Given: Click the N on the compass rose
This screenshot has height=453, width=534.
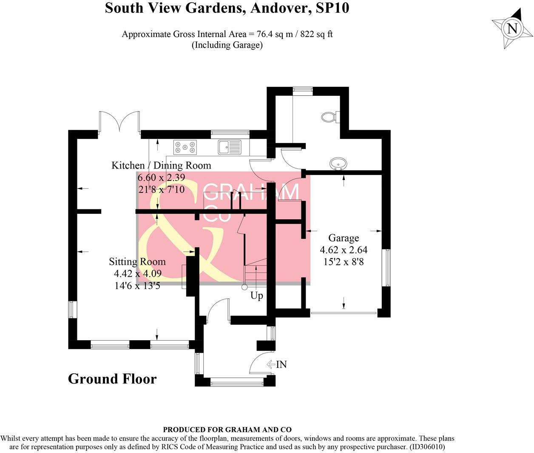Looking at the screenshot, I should click(x=512, y=29).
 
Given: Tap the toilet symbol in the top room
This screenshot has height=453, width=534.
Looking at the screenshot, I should click(x=330, y=116).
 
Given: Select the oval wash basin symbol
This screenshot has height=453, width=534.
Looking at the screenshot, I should click(x=338, y=163).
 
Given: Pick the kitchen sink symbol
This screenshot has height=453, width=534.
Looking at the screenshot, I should click(x=230, y=147).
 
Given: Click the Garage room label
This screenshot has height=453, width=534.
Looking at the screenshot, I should click(x=343, y=238).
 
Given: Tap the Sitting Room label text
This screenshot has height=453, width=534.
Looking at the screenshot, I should click(x=137, y=261).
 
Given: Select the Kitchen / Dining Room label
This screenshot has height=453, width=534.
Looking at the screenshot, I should click(x=161, y=165).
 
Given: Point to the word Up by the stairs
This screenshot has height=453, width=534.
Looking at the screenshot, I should click(x=256, y=295).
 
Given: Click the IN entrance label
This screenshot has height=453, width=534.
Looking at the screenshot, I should click(x=281, y=364).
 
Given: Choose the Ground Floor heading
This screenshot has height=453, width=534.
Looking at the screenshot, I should click(x=112, y=378).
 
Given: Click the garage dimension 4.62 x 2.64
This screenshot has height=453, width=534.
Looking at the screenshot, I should click(x=344, y=249).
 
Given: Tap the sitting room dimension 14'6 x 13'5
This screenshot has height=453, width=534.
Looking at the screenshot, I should click(x=137, y=286).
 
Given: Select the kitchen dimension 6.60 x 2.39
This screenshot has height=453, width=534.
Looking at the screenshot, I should click(x=161, y=177).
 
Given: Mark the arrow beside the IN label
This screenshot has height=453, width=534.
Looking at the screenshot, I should click(x=271, y=364).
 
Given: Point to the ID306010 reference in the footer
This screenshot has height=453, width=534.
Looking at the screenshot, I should click(x=427, y=447).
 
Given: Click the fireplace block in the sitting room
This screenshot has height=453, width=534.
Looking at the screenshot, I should click(x=191, y=275).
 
